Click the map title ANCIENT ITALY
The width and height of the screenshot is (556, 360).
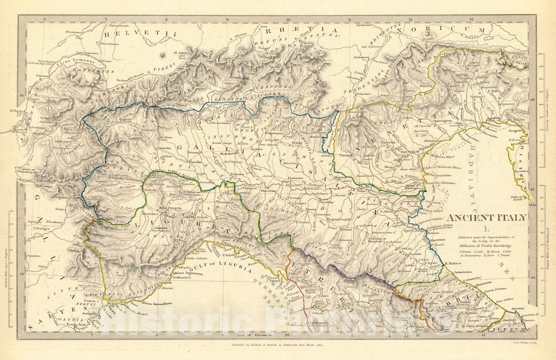click(486, 218)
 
